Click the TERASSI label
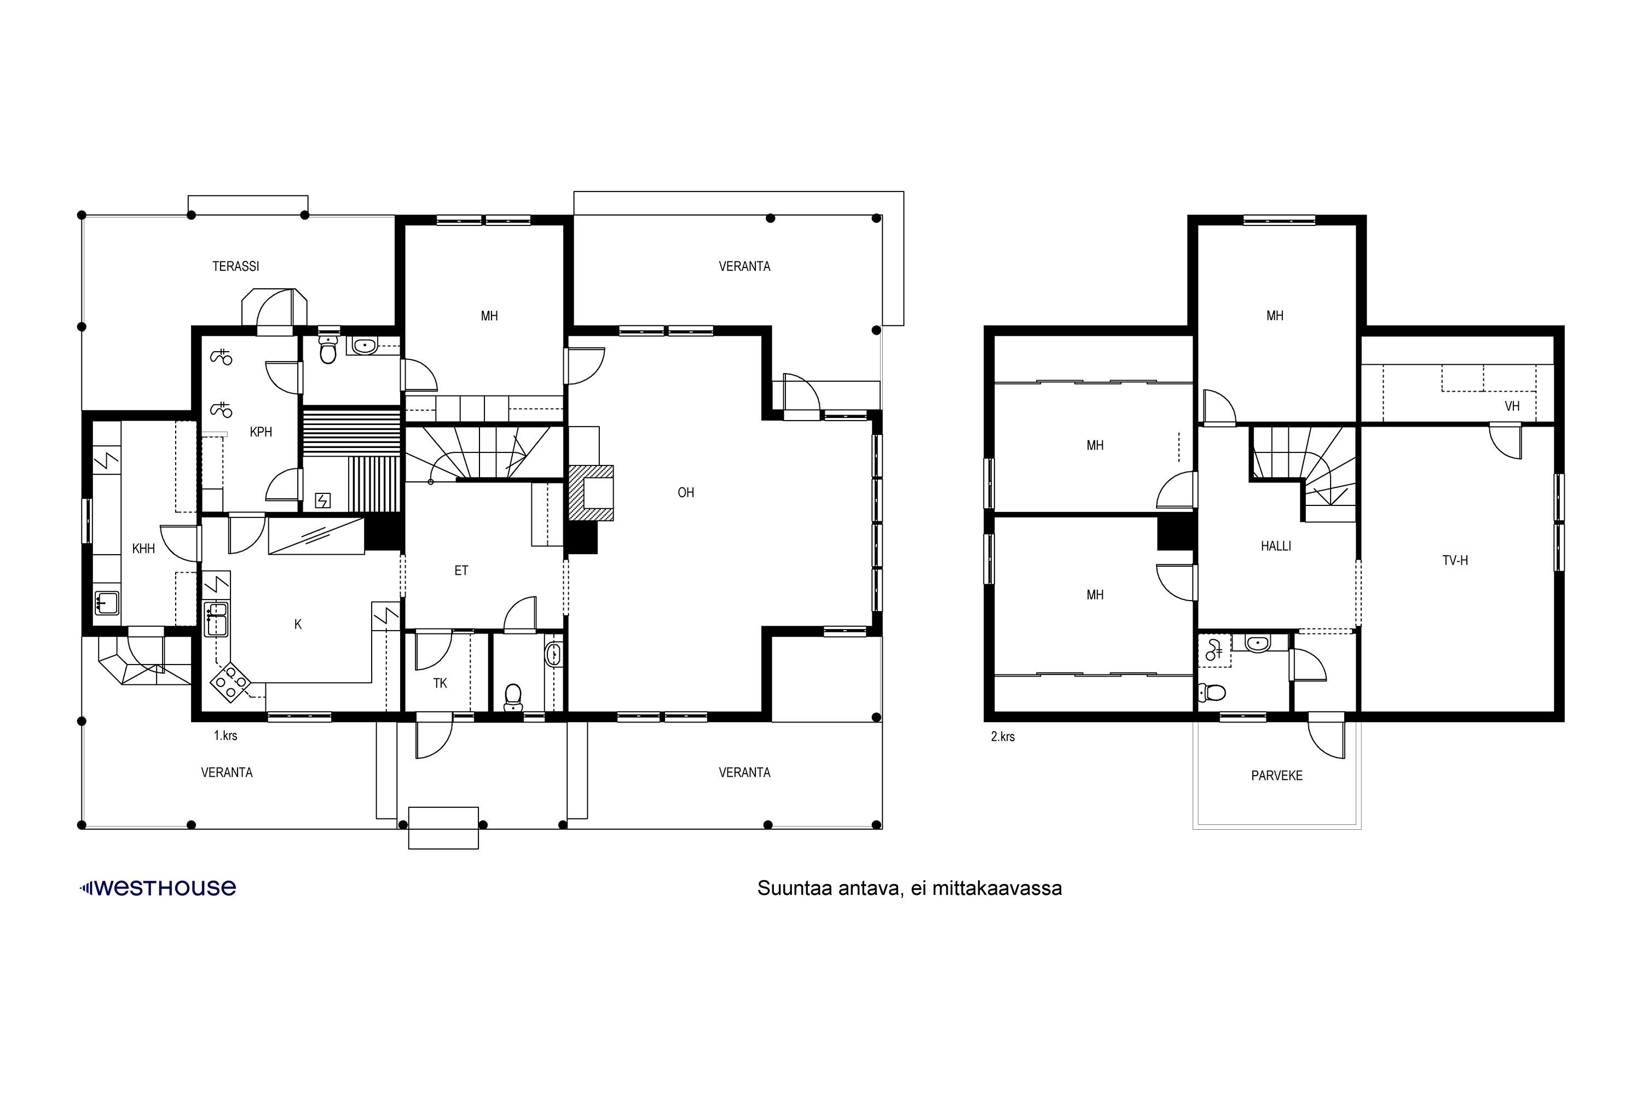coord(236,266)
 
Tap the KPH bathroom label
coord(261,432)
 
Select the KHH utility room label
coord(144,549)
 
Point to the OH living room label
coord(686,493)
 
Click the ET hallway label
coord(461,571)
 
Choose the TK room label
coord(440,683)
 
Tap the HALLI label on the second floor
coord(1276,546)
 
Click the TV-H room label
coord(1455,560)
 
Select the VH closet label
coord(1512,406)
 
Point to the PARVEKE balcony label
coord(1277,776)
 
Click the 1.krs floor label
coord(226,735)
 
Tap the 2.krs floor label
coord(1003,736)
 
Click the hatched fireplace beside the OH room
coord(591,493)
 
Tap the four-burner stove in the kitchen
coord(230,681)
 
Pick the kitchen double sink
coord(216,619)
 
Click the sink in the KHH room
coord(106,603)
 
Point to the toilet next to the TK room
coord(513,697)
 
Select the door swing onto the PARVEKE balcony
coord(1326,737)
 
